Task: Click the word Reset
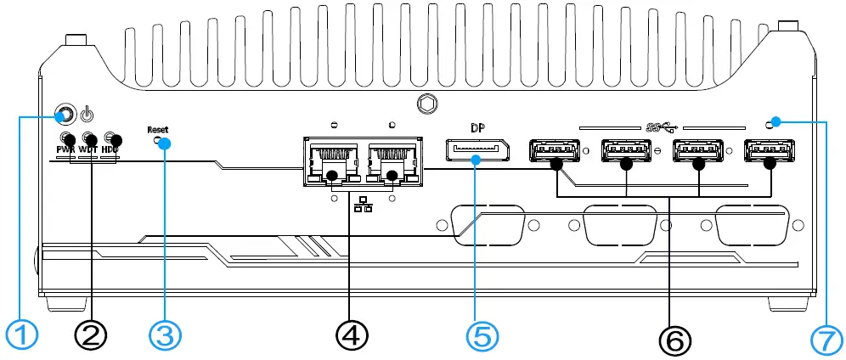coord(158,130)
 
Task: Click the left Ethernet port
coord(330,161)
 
